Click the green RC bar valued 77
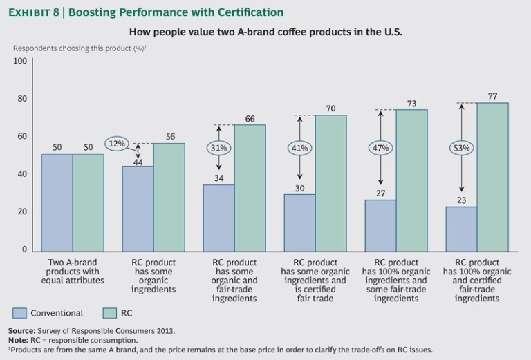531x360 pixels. (x=492, y=176)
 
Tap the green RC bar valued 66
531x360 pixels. (x=250, y=187)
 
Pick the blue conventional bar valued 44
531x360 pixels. (x=138, y=208)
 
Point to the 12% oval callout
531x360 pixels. (x=118, y=144)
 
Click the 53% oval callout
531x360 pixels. (x=462, y=148)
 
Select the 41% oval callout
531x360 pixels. (x=299, y=148)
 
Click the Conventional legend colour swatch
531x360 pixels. (x=20, y=313)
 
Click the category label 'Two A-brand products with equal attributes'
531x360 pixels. (x=73, y=272)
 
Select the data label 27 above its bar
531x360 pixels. (x=380, y=193)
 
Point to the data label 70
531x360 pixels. (x=331, y=108)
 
